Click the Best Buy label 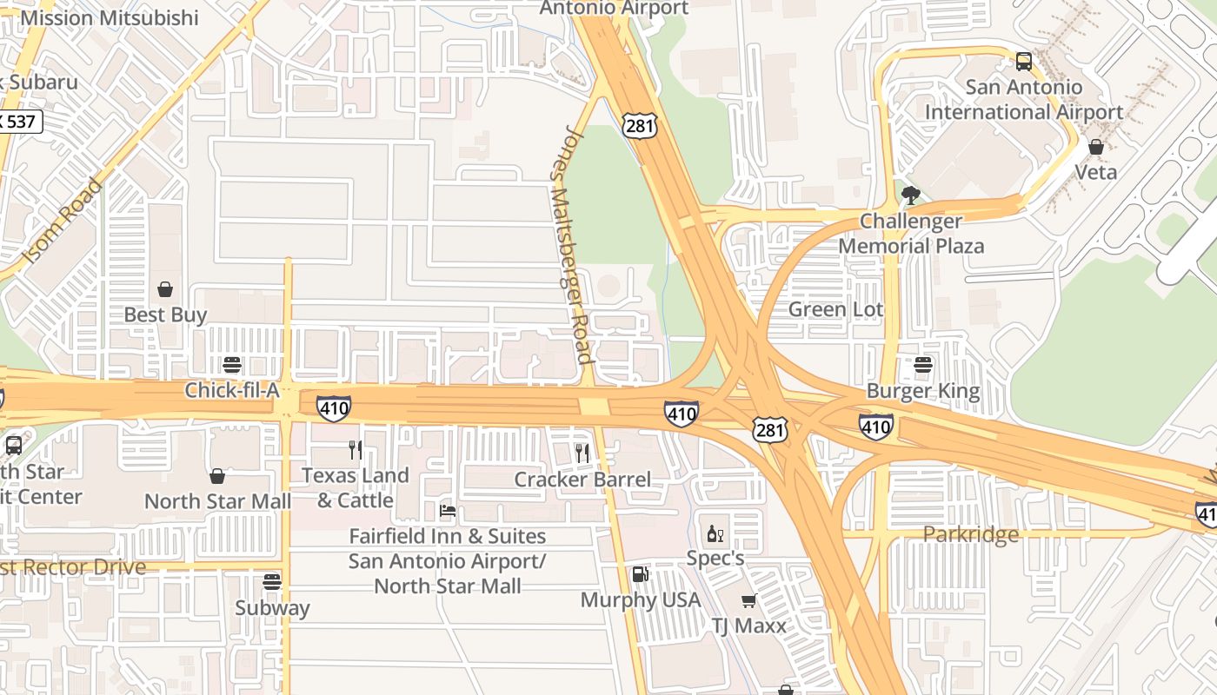[165, 314]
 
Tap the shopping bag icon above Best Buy [165, 289]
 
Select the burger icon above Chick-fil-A [231, 365]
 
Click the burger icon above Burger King [923, 365]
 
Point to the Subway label [272, 607]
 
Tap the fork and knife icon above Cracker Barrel [582, 453]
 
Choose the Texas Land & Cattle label [355, 487]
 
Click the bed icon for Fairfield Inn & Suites [448, 511]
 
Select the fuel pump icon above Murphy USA [640, 574]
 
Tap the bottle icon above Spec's [715, 533]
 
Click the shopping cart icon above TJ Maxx [748, 600]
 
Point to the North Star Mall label [217, 501]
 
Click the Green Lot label [835, 309]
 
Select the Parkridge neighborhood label [970, 534]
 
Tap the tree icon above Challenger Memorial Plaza [910, 195]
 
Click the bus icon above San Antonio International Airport [1024, 62]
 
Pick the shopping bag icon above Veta [1096, 147]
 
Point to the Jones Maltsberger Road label [573, 245]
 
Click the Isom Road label [63, 222]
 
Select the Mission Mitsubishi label [110, 17]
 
